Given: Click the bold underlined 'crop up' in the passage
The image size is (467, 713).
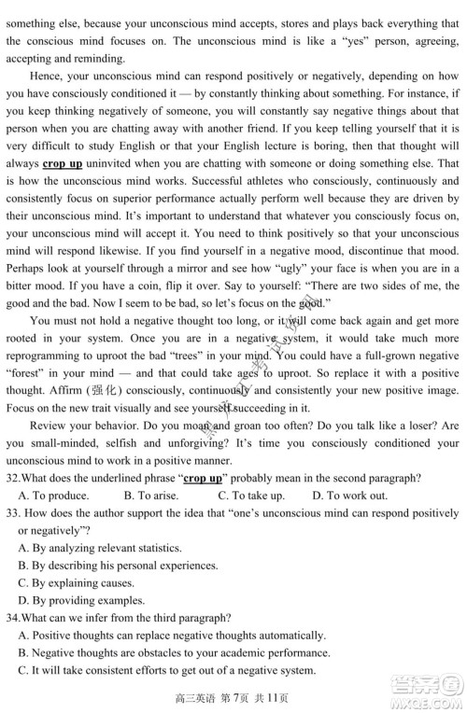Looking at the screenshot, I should coord(64,164).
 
